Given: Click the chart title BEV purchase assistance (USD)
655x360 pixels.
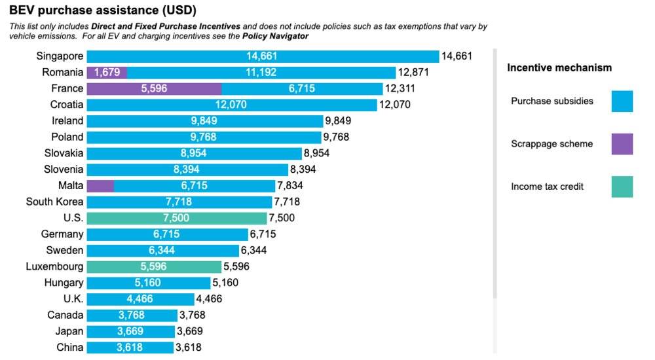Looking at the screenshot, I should pos(103,10).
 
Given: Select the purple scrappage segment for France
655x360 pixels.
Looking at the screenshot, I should pos(154,88).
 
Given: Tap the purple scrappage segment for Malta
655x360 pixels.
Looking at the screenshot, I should pos(100,186).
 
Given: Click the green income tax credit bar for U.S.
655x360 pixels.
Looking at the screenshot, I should pos(176,218).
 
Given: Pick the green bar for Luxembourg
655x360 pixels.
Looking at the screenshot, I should pos(154,267).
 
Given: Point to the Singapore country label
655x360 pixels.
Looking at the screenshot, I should pos(60,56).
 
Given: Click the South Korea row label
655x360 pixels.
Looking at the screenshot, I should pos(54,202).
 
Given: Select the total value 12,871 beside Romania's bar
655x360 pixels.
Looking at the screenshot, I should pos(414,73).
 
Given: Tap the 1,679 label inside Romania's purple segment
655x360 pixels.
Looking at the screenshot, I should pos(107,73).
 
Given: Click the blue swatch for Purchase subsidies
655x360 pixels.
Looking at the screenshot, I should pos(622,101).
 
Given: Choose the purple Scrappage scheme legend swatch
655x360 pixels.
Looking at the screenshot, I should pos(622,144).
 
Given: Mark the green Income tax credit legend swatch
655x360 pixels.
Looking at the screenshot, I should pos(622,187).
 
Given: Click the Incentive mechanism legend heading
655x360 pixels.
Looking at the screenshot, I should pos(559,67).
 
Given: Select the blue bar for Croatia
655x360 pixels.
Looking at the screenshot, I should pos(232,105).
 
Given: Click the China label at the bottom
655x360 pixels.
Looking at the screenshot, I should pos(69,348).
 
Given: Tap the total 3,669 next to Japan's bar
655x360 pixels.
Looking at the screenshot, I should pos(193,331).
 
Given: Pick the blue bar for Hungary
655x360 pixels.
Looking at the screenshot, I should pos(148,283).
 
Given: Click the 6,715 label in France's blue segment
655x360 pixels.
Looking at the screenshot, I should pos(303,88).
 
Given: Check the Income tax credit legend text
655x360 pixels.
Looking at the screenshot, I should pos(547,187).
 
